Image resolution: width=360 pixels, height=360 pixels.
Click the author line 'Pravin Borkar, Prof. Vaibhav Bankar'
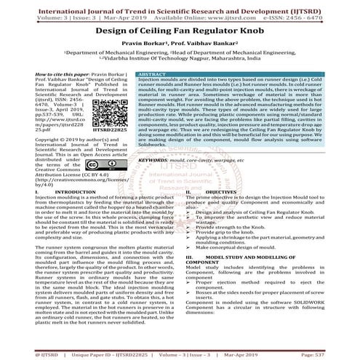click(180, 51)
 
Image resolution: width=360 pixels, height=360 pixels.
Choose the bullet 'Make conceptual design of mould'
click(247, 249)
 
